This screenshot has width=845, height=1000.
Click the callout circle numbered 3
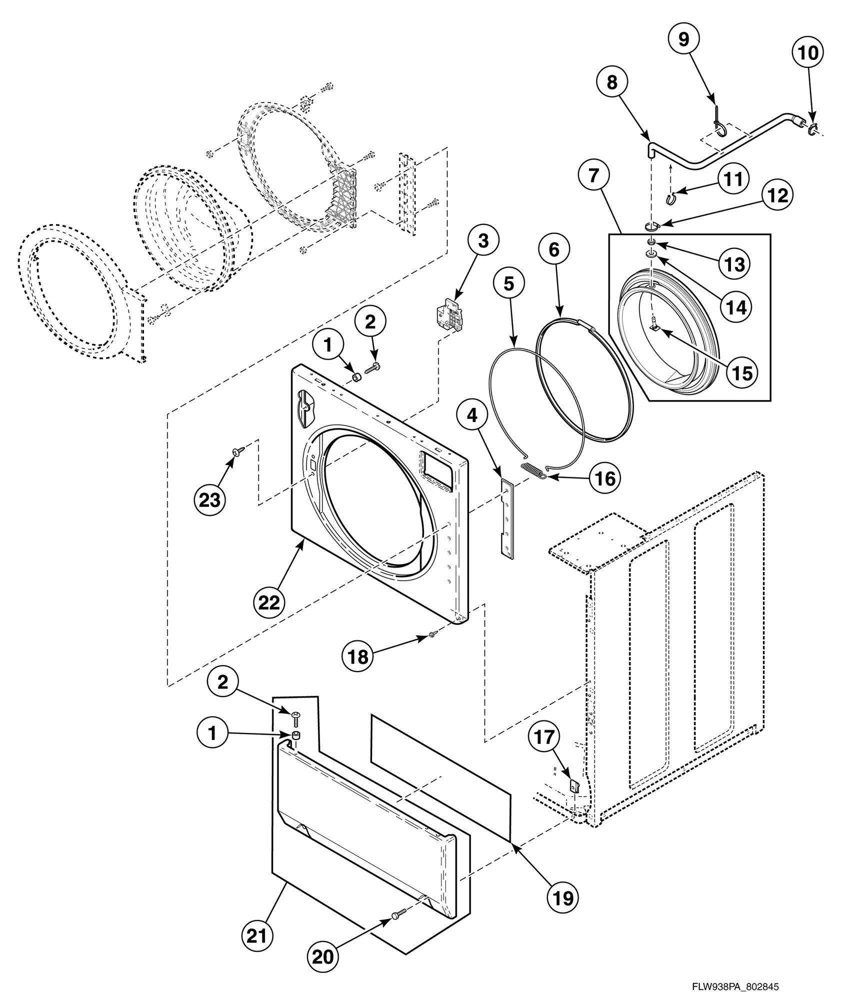(482, 240)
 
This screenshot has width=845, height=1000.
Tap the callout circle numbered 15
(742, 372)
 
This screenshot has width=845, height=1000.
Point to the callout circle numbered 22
(268, 603)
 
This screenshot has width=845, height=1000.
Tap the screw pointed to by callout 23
(236, 451)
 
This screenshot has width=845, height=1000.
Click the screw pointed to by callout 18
(432, 635)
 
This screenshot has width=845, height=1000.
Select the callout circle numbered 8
(612, 82)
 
